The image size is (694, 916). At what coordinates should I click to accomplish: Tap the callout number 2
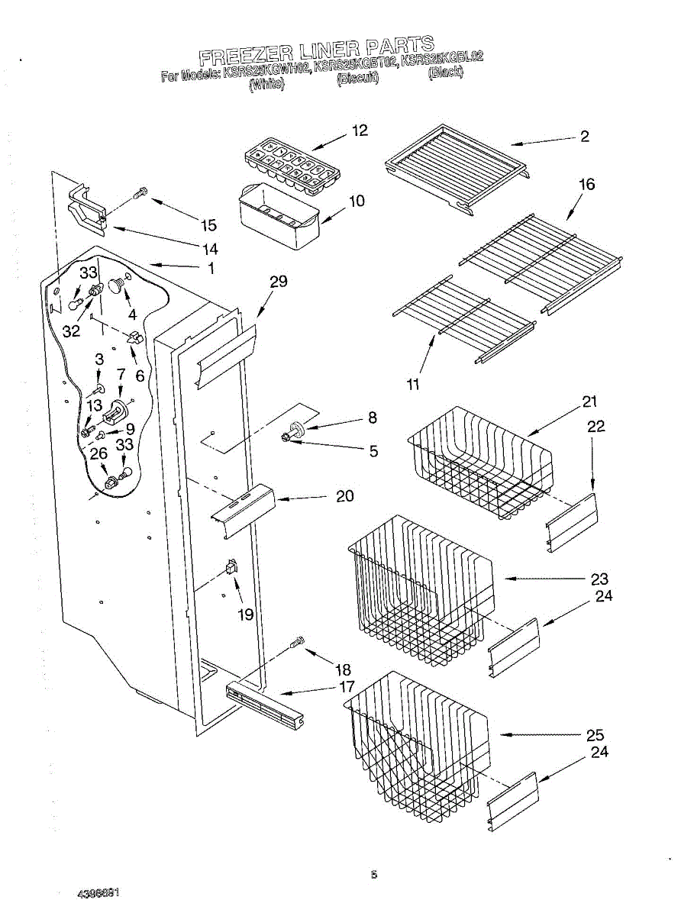(x=584, y=137)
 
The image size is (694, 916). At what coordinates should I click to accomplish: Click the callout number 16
(x=586, y=185)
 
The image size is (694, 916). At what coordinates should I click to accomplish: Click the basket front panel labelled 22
(x=573, y=521)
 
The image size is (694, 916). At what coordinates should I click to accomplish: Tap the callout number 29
(x=278, y=282)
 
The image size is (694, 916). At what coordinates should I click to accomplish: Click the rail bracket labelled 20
(x=244, y=506)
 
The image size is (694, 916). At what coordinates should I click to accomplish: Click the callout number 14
(x=210, y=249)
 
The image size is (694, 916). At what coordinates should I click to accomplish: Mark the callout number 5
(x=373, y=451)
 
